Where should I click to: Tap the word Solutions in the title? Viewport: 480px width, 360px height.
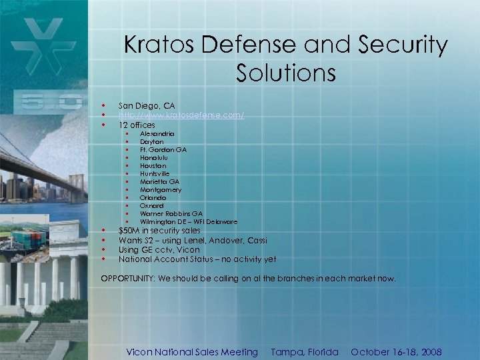[x=285, y=73]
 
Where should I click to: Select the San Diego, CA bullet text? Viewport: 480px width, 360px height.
[x=147, y=106]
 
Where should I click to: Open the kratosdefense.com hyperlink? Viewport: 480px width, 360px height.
[x=181, y=115]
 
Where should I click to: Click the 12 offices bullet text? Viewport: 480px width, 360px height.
[x=137, y=125]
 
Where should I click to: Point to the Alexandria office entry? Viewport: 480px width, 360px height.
[x=157, y=134]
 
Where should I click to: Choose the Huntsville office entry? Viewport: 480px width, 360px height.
[x=155, y=173]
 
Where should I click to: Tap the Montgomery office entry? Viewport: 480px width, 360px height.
[x=161, y=189]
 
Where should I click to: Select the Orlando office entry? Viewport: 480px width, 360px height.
[x=153, y=197]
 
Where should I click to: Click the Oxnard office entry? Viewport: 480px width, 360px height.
[x=151, y=205]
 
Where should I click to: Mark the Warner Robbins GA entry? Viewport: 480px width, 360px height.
[x=171, y=213]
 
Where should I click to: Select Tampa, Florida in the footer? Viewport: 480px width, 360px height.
[x=305, y=351]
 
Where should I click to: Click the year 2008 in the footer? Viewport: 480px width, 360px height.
[x=429, y=351]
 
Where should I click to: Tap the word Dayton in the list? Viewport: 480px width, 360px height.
[x=151, y=142]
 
